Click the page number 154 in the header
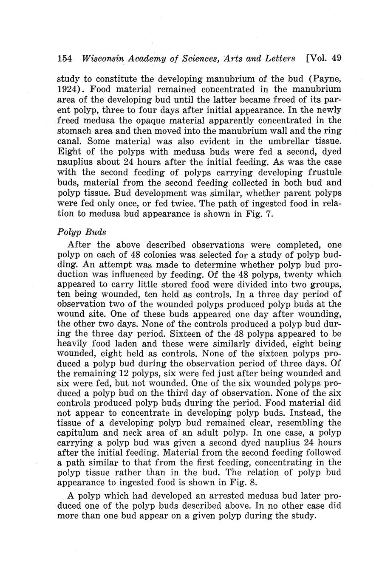click(x=65, y=58)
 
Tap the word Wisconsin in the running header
click(x=101, y=58)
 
